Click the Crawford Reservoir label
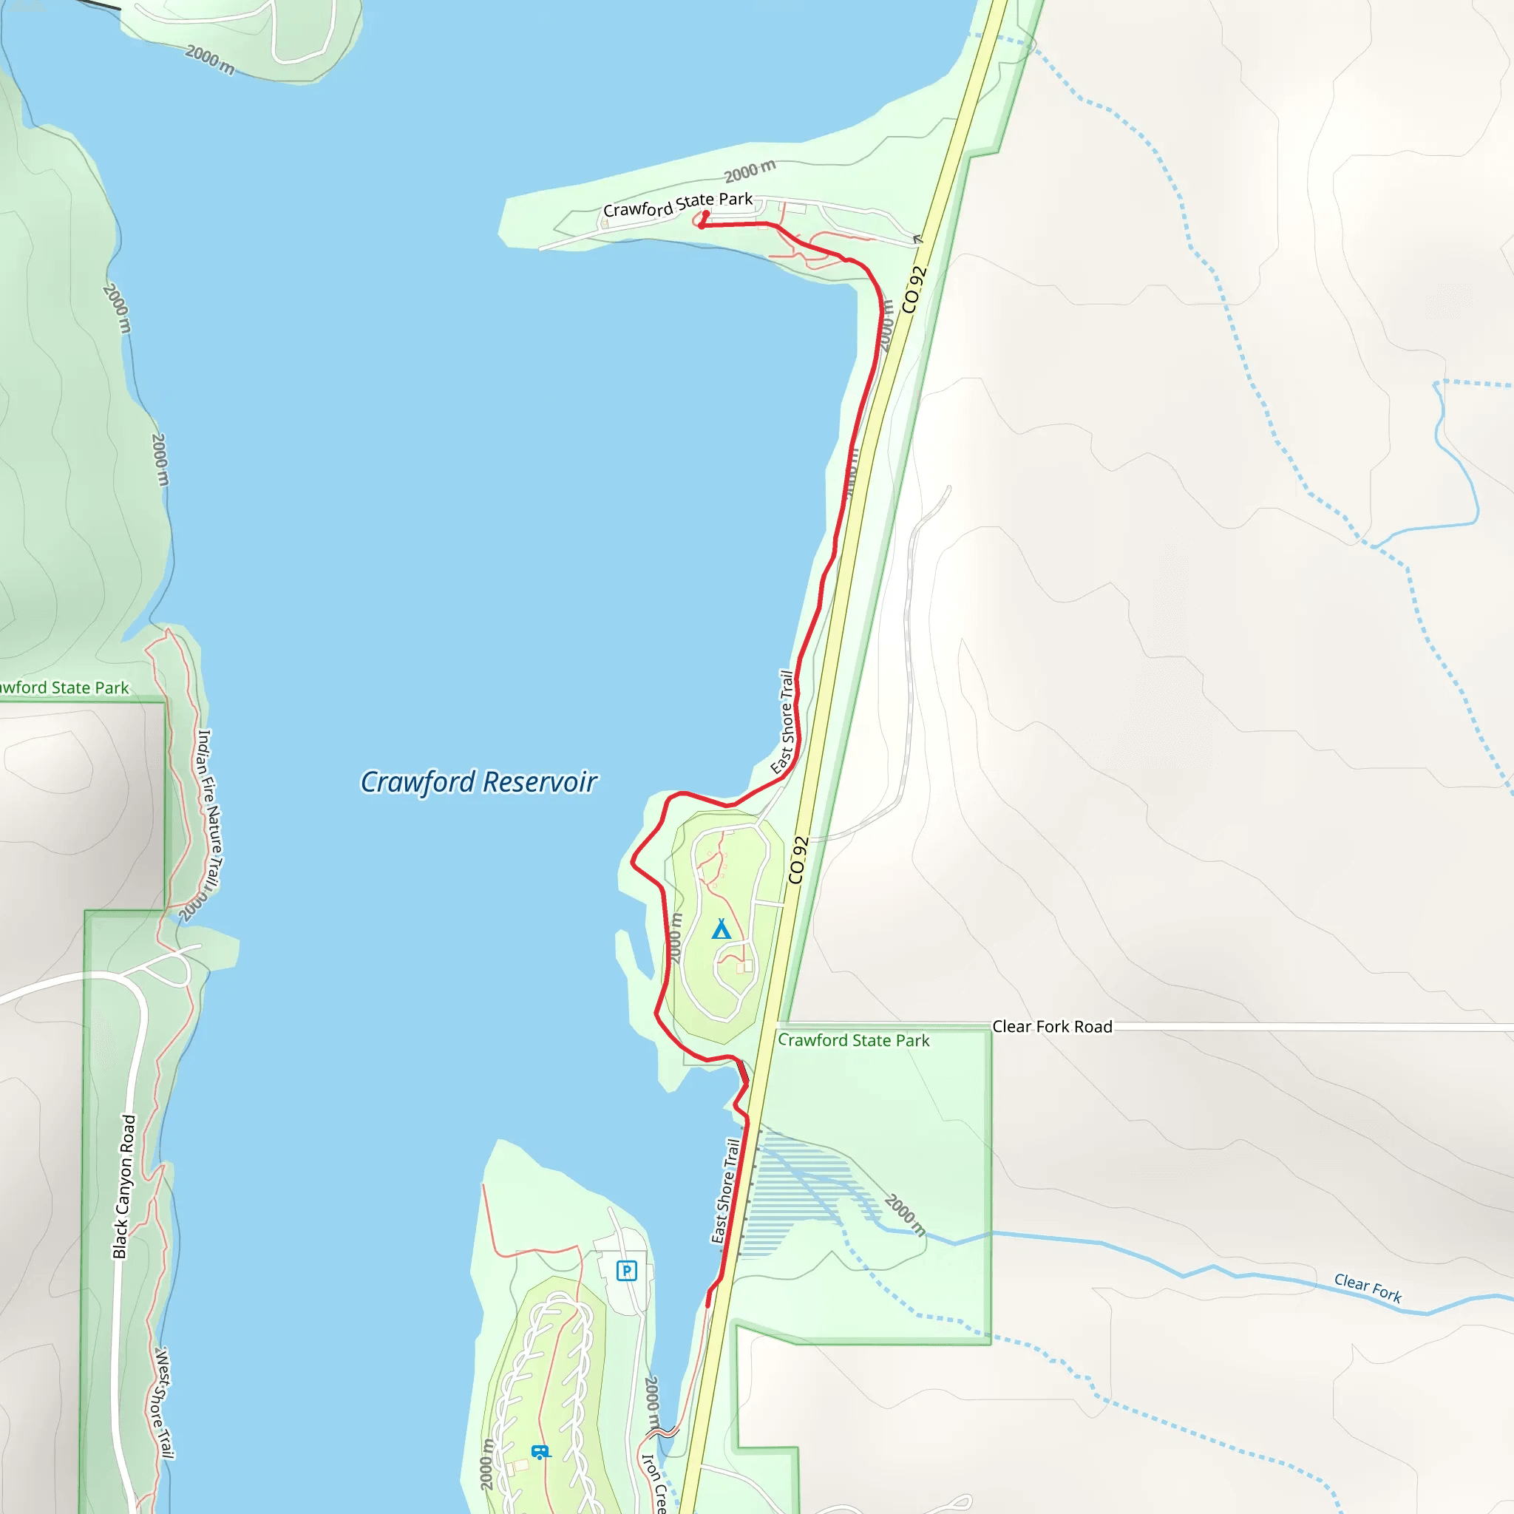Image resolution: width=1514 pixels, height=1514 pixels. (x=478, y=782)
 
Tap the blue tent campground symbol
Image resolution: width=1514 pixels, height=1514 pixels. (x=721, y=929)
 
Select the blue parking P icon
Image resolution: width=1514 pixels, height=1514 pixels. (x=626, y=1270)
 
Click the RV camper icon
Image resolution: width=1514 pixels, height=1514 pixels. (x=540, y=1451)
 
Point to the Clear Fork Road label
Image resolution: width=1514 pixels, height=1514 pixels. (x=1052, y=1027)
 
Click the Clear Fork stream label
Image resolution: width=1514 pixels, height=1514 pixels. (x=1368, y=1288)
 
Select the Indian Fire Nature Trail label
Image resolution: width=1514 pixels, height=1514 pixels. (x=209, y=810)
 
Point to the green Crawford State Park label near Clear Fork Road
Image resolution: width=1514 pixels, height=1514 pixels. (x=853, y=1041)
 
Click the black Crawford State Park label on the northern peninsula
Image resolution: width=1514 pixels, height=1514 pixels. (x=678, y=205)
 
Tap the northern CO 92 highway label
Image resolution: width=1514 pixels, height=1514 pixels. (x=914, y=289)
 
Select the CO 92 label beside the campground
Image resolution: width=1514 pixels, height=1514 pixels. (x=798, y=860)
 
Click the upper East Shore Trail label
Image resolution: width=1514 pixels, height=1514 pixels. (x=784, y=722)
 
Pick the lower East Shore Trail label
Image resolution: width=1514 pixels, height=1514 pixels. (x=725, y=1191)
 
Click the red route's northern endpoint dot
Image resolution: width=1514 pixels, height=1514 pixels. (x=706, y=213)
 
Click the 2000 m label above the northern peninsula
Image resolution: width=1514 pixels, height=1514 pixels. (x=749, y=170)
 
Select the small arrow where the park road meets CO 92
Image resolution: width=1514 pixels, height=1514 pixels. (x=917, y=238)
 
